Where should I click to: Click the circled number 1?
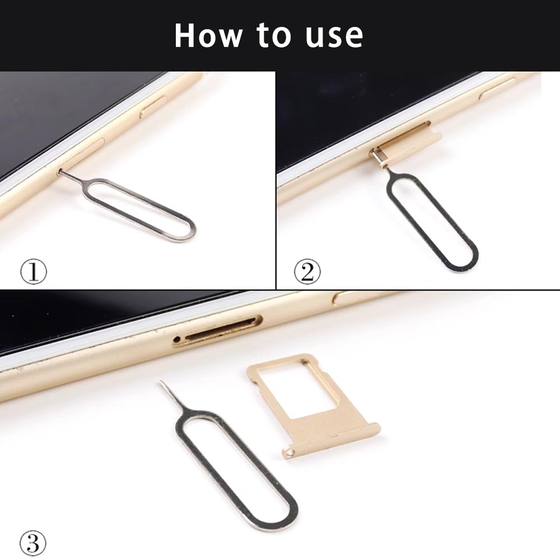coord(33,272)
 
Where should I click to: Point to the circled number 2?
coord(307,272)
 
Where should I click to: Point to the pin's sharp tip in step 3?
coord(161,381)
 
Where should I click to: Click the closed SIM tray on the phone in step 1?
coord(82,153)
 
